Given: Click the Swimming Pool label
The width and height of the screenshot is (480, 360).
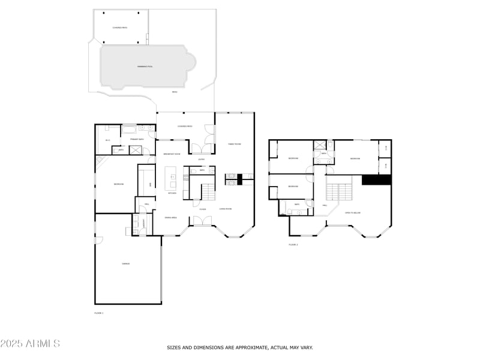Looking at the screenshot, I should point(145,67).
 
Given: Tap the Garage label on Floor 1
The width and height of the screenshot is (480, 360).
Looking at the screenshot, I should point(127,263).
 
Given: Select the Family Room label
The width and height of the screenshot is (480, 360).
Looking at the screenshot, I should point(234,145).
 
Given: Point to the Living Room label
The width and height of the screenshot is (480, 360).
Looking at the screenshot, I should point(226,209).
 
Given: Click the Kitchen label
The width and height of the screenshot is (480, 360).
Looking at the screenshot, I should point(172,193).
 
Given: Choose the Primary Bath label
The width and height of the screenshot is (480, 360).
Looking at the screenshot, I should point(137,139).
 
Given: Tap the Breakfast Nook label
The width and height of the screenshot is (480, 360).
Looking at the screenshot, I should point(172,154).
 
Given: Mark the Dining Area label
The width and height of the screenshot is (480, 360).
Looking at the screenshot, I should point(171,217).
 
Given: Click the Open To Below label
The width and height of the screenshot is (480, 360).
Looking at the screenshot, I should point(352,212).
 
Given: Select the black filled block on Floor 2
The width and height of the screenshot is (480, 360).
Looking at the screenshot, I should point(376,179).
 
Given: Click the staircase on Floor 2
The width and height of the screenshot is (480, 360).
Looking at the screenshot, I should point(339,193).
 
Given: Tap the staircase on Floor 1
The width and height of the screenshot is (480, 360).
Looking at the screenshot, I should point(208,193).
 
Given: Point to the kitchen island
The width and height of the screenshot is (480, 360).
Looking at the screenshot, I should point(172,177).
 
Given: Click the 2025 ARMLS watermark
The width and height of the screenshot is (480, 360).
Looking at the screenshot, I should point(30,344).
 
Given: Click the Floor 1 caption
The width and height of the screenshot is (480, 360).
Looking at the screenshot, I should point(99,313).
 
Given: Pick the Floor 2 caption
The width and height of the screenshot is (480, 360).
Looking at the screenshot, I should point(293,245).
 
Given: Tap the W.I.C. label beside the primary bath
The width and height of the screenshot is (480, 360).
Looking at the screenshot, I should point(108,140).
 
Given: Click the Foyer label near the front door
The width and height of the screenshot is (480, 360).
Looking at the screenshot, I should point(203,209).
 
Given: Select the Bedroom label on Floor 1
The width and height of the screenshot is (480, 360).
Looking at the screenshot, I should point(119,184).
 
